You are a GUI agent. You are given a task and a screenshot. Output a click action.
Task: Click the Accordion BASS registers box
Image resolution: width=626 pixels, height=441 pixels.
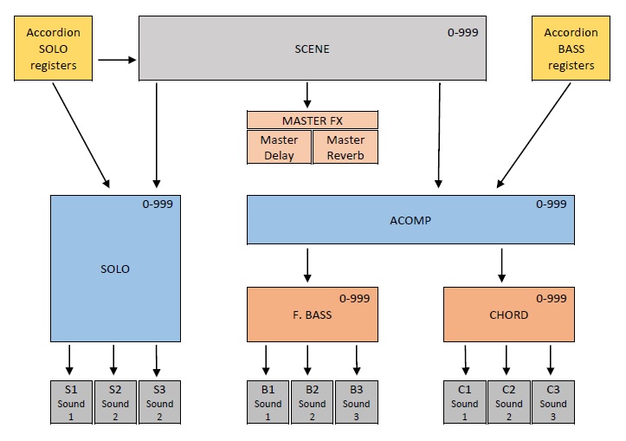pos(571,49)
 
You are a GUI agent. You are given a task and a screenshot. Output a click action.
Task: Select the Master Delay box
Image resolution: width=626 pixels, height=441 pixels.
pos(279,147)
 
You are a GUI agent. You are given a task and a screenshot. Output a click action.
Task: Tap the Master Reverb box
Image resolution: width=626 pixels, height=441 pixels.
pos(345,147)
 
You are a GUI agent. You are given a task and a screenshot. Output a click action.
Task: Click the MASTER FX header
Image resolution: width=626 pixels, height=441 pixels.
pos(312,120)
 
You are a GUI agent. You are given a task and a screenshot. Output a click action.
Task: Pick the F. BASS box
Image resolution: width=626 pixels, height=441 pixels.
pos(312,315)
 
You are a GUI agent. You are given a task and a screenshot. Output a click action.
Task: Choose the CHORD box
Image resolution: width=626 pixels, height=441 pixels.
pos(509,315)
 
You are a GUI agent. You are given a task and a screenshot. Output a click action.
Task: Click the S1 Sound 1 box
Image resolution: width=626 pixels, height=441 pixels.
pos(71,403)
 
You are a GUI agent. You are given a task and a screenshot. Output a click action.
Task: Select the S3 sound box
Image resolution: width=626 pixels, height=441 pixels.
pos(160,403)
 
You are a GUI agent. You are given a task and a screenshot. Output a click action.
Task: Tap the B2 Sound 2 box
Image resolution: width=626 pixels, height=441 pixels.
pos(312,403)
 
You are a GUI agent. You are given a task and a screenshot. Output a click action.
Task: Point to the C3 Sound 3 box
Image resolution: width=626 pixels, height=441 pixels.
pos(553,403)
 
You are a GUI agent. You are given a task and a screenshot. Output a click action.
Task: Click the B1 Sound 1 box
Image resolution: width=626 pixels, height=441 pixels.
pos(268,403)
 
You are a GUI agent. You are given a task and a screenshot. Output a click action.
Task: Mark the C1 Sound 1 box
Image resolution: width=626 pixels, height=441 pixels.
pos(465,403)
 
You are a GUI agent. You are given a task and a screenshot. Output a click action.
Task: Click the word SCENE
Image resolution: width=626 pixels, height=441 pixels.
pos(312,49)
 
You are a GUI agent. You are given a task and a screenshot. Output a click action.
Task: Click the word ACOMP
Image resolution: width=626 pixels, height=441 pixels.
pos(410,220)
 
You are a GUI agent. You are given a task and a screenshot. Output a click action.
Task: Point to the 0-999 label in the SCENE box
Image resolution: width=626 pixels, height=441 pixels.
pos(462,33)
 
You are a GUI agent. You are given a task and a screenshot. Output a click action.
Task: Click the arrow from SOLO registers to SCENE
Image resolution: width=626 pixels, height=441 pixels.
pos(117,60)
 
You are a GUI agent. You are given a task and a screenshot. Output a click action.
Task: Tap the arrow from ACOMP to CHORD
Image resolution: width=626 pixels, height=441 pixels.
pos(502,264)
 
